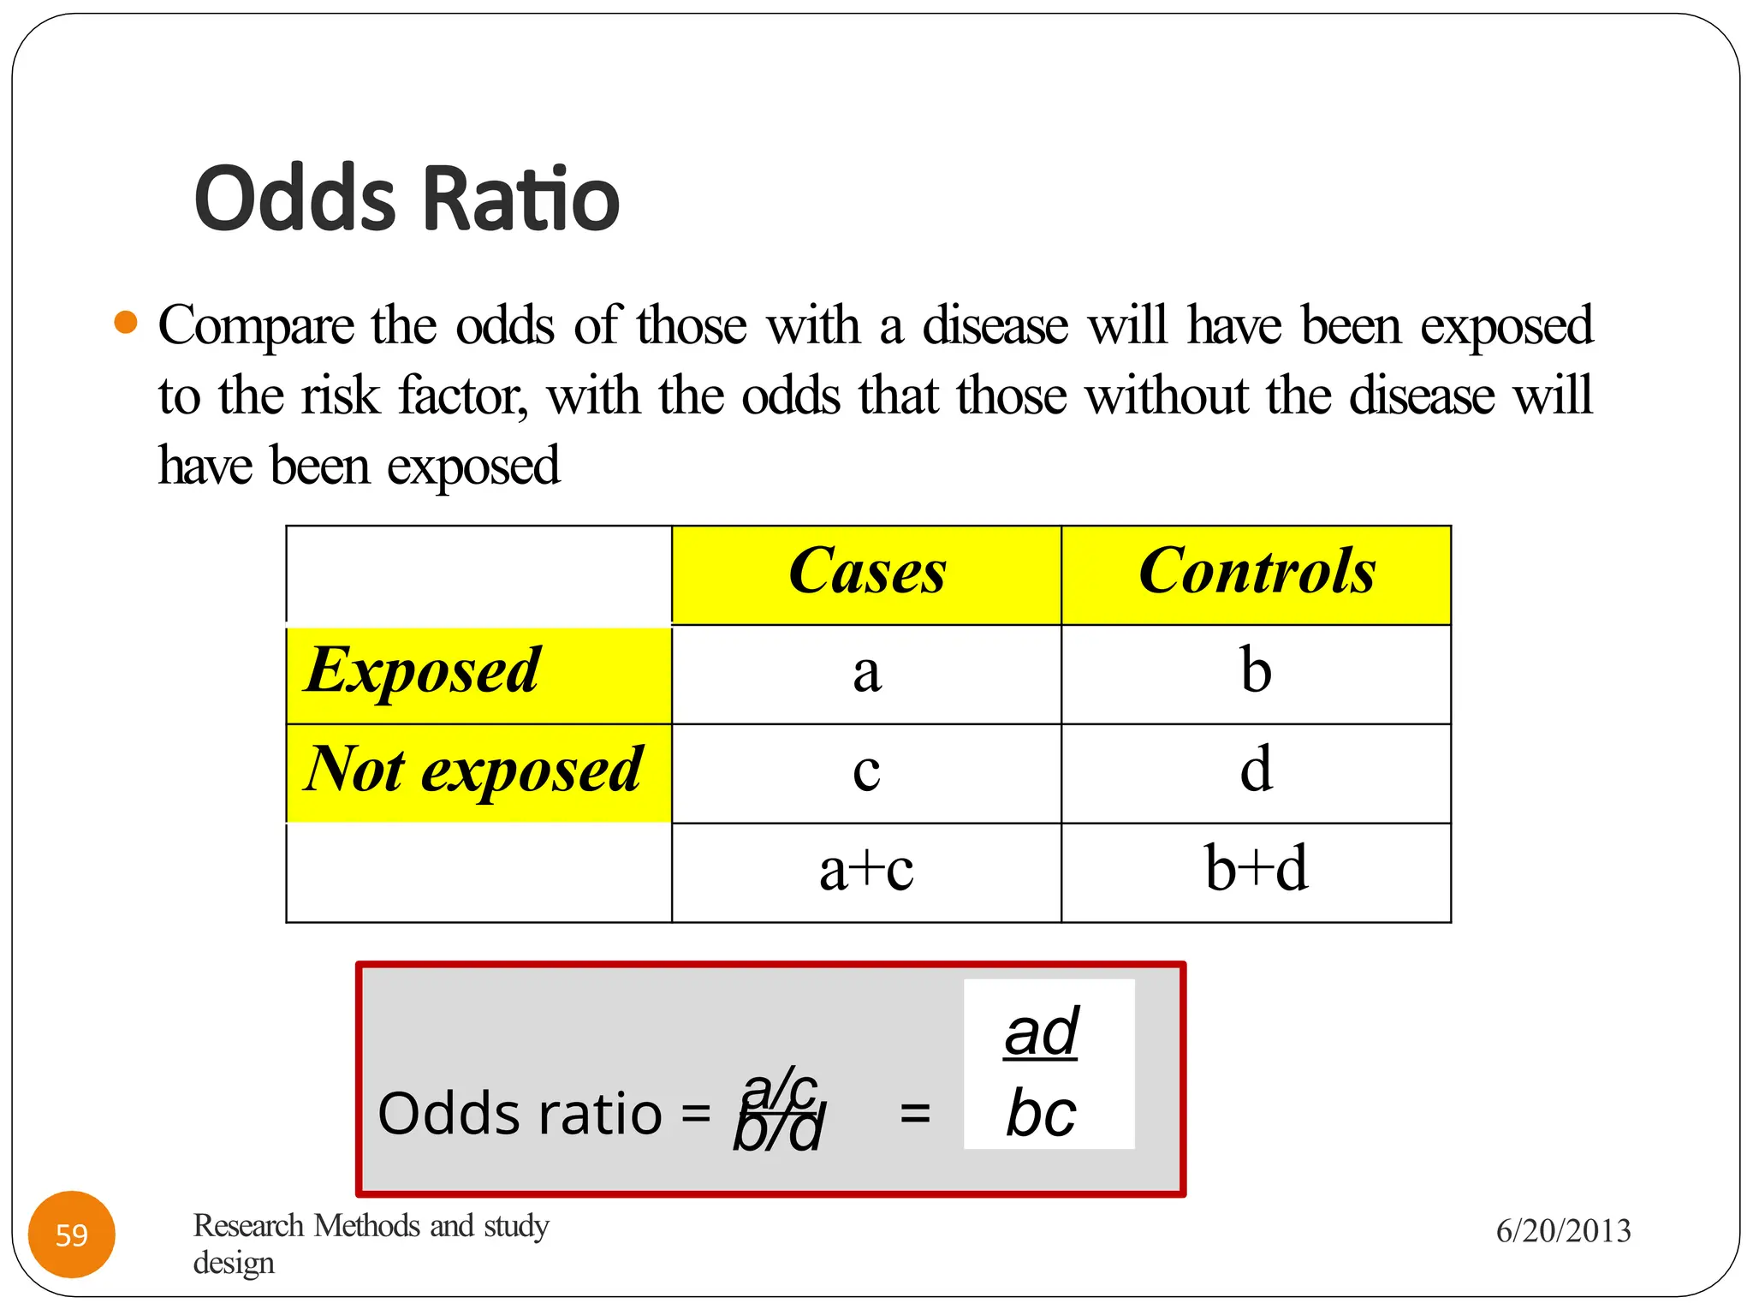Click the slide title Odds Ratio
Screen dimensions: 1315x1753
(407, 199)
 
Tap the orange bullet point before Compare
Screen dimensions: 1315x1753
(126, 323)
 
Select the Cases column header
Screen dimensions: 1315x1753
(866, 572)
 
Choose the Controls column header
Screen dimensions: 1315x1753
(1257, 572)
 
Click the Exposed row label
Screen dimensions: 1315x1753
(423, 671)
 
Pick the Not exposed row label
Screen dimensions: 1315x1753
(473, 771)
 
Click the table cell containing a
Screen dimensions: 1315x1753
(866, 673)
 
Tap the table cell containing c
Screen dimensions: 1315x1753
(866, 772)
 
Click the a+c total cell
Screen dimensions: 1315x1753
(866, 871)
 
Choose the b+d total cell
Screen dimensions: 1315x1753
(1256, 871)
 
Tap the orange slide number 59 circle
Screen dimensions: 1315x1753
(72, 1235)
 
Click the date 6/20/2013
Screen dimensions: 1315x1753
(1563, 1231)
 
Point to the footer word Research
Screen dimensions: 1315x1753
(248, 1226)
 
